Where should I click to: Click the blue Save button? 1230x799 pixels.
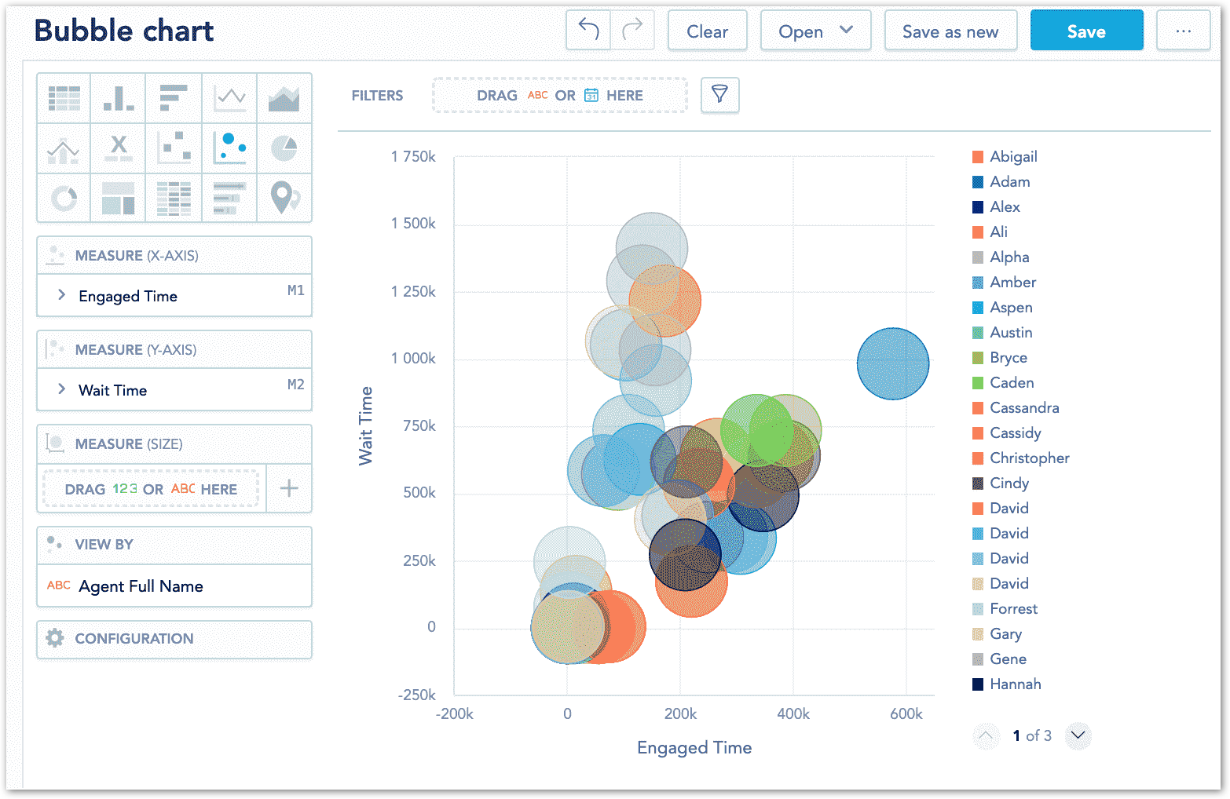[1085, 31]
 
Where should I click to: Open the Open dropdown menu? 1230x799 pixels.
[815, 31]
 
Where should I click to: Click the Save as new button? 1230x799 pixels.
[950, 31]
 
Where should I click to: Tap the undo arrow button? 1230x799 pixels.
[588, 31]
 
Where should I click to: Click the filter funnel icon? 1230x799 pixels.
[719, 95]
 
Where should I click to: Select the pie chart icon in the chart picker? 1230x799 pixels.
[284, 148]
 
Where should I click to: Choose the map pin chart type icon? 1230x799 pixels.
[284, 197]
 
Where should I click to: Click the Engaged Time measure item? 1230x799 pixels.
[128, 296]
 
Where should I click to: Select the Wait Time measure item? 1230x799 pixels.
[113, 390]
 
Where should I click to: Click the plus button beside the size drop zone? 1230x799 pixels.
[289, 488]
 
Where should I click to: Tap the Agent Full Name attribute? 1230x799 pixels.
[141, 586]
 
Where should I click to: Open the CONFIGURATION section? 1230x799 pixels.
[134, 638]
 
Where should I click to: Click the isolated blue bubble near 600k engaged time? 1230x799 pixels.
[893, 363]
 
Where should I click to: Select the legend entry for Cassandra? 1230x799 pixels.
[1024, 407]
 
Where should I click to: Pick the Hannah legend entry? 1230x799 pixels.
[1015, 684]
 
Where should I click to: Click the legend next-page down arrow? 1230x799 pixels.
[1078, 735]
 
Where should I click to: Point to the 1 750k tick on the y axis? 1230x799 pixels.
[413, 157]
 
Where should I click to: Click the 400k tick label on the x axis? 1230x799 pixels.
[793, 713]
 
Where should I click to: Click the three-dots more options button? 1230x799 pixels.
[1183, 31]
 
